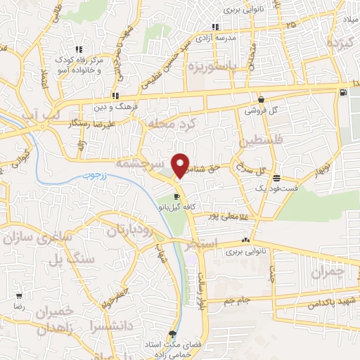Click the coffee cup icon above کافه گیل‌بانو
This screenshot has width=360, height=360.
click(176, 197)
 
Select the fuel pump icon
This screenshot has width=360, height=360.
click(342, 91)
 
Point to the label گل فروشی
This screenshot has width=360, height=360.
click(261, 111)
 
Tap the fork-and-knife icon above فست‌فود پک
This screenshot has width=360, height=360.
click(277, 177)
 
